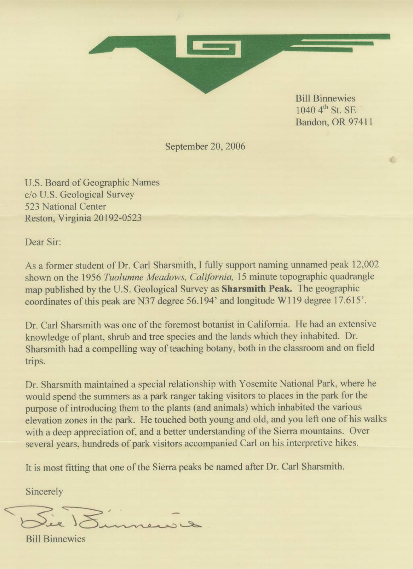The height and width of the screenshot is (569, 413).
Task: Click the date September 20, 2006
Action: [x=205, y=146]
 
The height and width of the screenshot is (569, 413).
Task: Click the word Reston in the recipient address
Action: [x=39, y=218]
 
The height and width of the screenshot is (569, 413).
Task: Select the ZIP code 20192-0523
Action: [x=117, y=218]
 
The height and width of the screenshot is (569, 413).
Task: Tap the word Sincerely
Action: [x=44, y=491]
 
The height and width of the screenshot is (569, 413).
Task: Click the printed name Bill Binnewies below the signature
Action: [x=56, y=539]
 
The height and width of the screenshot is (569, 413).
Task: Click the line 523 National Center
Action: [x=65, y=206]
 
